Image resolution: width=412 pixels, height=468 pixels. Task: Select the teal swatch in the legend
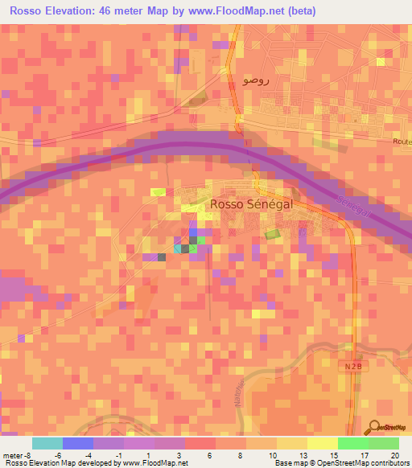click(47, 443)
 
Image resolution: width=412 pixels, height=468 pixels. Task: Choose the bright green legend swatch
click(353, 443)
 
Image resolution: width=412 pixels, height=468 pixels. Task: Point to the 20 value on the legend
click(394, 454)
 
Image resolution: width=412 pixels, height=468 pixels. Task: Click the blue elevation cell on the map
click(193, 232)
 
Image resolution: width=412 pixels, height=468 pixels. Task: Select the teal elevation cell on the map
click(178, 248)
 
